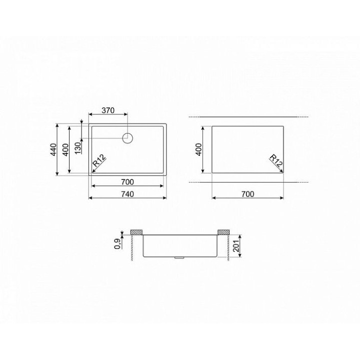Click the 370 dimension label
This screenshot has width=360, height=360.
click(108, 110)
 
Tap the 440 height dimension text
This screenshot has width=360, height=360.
click(53, 149)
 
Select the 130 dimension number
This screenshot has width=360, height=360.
click(78, 148)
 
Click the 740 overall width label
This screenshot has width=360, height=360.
click(127, 194)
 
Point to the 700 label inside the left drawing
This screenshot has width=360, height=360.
click(127, 182)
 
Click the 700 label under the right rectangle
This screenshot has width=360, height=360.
click(247, 194)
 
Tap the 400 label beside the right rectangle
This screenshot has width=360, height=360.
click(199, 149)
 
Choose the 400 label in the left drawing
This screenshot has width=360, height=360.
click(65, 149)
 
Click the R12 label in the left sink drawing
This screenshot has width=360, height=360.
click(99, 160)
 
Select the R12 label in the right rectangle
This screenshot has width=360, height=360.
click(276, 160)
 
